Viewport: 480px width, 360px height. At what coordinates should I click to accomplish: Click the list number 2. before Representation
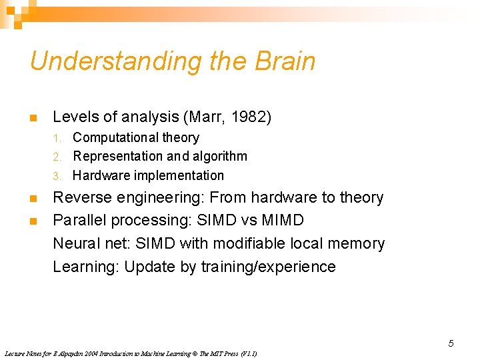pos(58,157)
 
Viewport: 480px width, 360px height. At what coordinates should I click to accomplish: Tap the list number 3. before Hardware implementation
pos(58,176)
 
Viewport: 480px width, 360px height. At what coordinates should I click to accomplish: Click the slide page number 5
pos(451,343)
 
